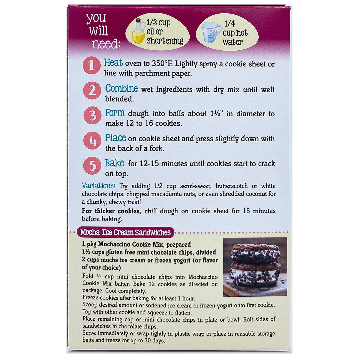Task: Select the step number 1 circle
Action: click(x=92, y=65)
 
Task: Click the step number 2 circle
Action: click(x=92, y=91)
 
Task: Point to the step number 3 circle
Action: click(x=93, y=115)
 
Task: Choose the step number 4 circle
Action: click(x=92, y=140)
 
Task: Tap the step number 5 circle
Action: click(x=92, y=166)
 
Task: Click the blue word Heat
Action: click(x=113, y=63)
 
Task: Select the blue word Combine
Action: click(x=121, y=88)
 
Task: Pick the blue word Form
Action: click(x=115, y=113)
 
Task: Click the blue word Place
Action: click(x=115, y=138)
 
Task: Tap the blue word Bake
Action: click(x=115, y=163)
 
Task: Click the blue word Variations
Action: click(x=99, y=186)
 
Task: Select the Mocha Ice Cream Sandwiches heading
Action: click(x=125, y=232)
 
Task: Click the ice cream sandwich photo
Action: click(x=255, y=267)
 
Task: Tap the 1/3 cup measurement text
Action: click(x=159, y=23)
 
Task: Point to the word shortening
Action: click(x=165, y=41)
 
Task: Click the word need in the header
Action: click(x=106, y=44)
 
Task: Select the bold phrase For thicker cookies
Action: click(x=111, y=211)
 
